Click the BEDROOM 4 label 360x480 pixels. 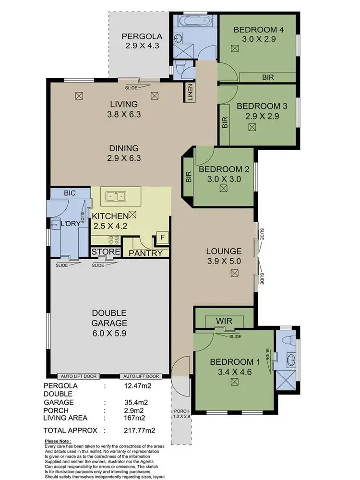click(x=258, y=30)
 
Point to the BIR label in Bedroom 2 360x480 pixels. click(x=188, y=177)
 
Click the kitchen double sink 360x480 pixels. click(x=116, y=196)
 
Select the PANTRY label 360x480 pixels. click(x=146, y=253)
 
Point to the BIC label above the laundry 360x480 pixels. click(x=71, y=193)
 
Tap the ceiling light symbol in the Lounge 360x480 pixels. click(x=234, y=273)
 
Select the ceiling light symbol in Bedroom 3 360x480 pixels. click(x=252, y=127)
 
